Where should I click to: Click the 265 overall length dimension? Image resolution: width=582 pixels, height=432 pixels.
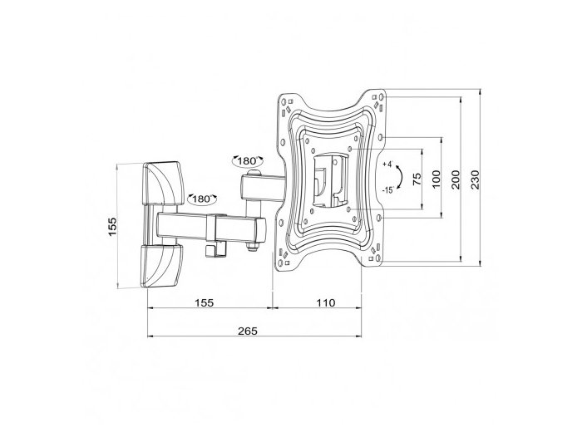(x=248, y=331)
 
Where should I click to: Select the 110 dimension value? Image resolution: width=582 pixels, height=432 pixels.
(x=326, y=303)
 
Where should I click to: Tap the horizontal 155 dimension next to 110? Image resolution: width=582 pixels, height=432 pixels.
(x=205, y=303)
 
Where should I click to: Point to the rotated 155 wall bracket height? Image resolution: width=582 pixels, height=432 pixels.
(x=112, y=227)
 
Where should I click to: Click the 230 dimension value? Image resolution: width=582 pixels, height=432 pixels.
(x=476, y=179)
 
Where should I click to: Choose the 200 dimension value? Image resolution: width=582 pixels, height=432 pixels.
(x=456, y=179)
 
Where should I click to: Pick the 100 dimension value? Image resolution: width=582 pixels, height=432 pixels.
(x=436, y=179)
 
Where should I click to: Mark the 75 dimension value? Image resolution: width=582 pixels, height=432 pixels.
(x=417, y=179)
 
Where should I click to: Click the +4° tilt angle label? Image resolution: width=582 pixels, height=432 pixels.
(x=388, y=164)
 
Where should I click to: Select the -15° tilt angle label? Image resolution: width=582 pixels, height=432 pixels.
(x=388, y=190)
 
